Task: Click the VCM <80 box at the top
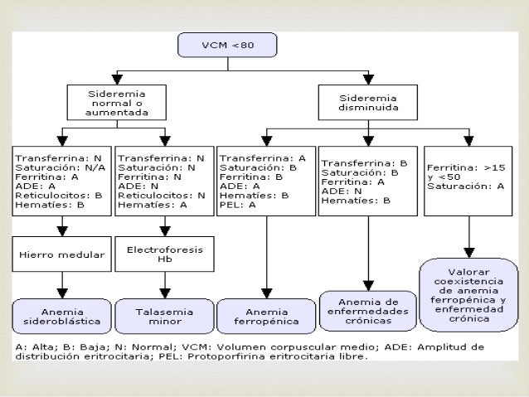(x=227, y=45)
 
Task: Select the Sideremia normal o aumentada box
(x=117, y=103)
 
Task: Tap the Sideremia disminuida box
(x=368, y=103)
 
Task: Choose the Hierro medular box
(x=61, y=254)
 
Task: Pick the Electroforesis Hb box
(x=165, y=254)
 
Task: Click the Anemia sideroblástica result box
(x=61, y=316)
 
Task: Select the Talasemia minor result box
(x=165, y=316)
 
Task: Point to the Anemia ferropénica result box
(x=266, y=316)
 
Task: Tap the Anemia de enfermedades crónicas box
(x=368, y=311)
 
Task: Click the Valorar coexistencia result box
(x=469, y=295)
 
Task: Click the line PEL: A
(x=238, y=205)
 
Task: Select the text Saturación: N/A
(x=61, y=167)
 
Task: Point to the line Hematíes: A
(x=153, y=205)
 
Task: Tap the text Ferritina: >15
(x=466, y=167)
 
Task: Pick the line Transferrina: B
(x=364, y=163)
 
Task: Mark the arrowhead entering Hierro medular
(x=62, y=231)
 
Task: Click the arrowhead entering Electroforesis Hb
(x=165, y=231)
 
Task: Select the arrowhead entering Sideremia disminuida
(x=368, y=80)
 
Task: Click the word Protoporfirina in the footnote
(x=223, y=356)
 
